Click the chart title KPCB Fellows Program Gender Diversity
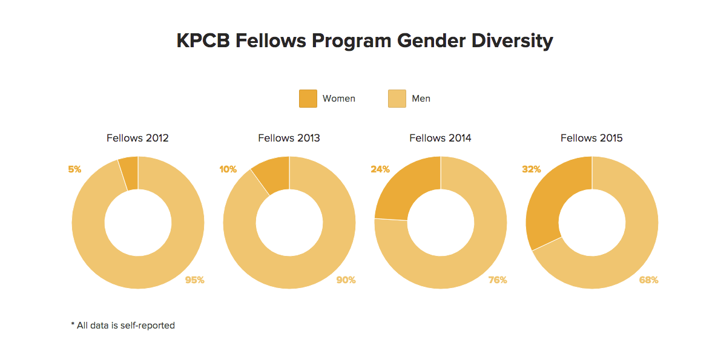point(364,41)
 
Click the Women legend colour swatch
point(308,99)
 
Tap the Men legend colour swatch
point(397,99)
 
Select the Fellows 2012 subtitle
point(137,138)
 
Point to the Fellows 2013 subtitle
point(289,138)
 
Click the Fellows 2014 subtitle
point(440,138)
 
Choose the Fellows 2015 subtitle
point(591,138)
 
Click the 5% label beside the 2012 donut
point(74,169)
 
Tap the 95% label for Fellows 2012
point(195,280)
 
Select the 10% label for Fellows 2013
point(228,169)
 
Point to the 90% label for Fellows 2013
point(346,280)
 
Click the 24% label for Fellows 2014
point(380,169)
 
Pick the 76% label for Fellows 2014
point(498,280)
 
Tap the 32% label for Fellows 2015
point(532,169)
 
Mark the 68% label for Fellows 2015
point(649,280)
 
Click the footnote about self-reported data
point(123,326)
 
